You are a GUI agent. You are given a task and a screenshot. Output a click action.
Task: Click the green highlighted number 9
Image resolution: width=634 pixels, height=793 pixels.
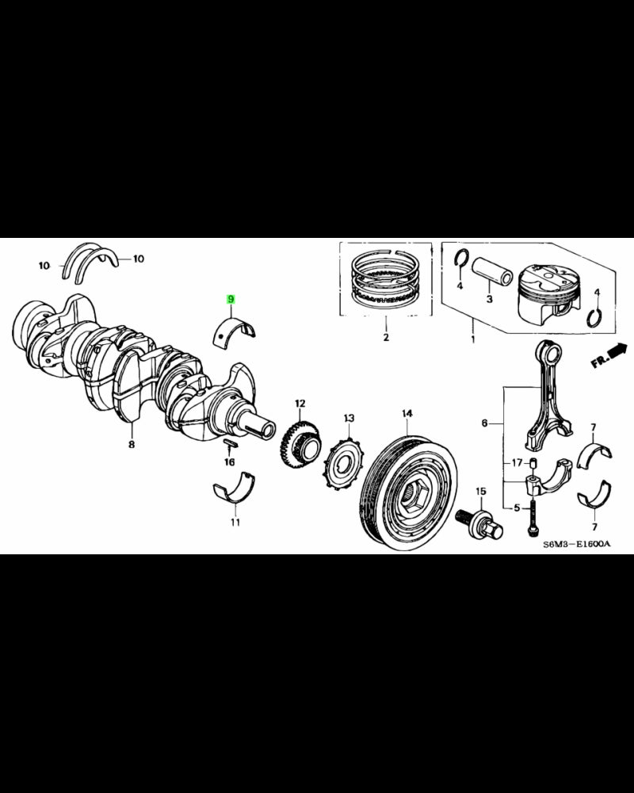pyautogui.click(x=231, y=299)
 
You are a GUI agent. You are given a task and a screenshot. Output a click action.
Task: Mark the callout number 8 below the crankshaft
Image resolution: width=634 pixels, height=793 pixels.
pyautogui.click(x=132, y=446)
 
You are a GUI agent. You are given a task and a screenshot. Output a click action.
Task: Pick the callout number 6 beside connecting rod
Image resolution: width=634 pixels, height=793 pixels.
pyautogui.click(x=485, y=424)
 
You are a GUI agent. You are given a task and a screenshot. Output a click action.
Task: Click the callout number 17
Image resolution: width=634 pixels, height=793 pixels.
pyautogui.click(x=515, y=463)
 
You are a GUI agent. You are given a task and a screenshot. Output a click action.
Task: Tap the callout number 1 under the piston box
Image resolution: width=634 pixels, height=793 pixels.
pyautogui.click(x=473, y=339)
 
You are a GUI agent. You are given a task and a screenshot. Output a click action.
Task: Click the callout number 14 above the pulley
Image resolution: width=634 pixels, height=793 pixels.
pyautogui.click(x=407, y=413)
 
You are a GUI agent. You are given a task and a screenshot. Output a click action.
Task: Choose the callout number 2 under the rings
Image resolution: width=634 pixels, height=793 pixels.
pyautogui.click(x=386, y=338)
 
